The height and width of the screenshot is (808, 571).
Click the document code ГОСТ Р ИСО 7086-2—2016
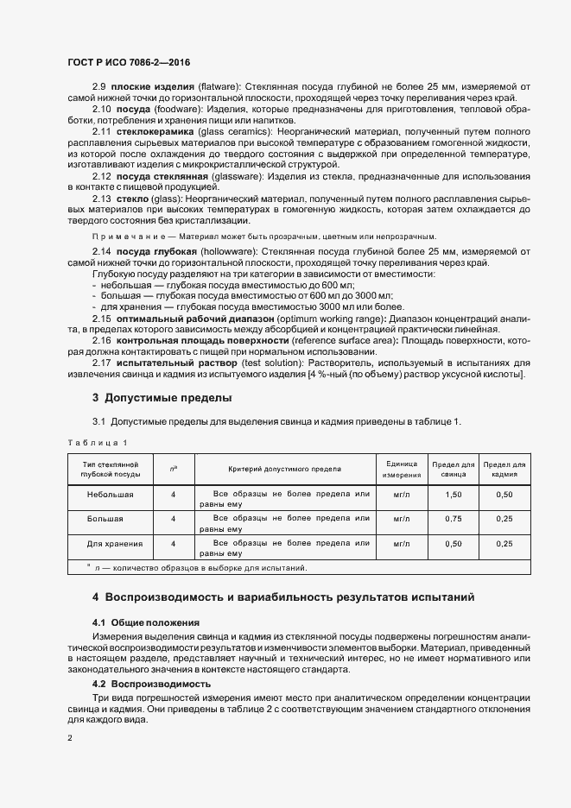(129, 62)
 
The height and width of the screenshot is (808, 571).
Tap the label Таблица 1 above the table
(97, 443)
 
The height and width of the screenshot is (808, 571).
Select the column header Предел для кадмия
(505, 470)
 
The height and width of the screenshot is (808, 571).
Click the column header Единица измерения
(402, 470)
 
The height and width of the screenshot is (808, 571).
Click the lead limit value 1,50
(454, 495)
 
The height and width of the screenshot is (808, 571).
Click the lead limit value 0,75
(454, 519)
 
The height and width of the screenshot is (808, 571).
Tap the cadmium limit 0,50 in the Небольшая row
(505, 495)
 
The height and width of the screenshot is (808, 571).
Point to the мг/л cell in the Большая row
(402, 519)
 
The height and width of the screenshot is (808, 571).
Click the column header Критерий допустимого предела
(284, 469)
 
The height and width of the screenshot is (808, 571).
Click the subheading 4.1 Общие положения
(146, 622)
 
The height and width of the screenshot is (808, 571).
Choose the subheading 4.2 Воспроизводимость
(151, 684)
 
